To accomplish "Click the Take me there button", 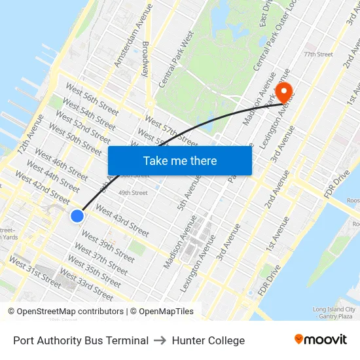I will [180, 160].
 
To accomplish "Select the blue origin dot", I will [77, 215].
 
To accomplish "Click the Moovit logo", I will [320, 340].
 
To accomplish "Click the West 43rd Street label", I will [122, 221].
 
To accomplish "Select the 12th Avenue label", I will [31, 135].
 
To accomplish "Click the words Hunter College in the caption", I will [208, 340].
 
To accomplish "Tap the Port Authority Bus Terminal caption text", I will [81, 340].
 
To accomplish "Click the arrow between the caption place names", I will [160, 340].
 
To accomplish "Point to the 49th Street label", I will [133, 192].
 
